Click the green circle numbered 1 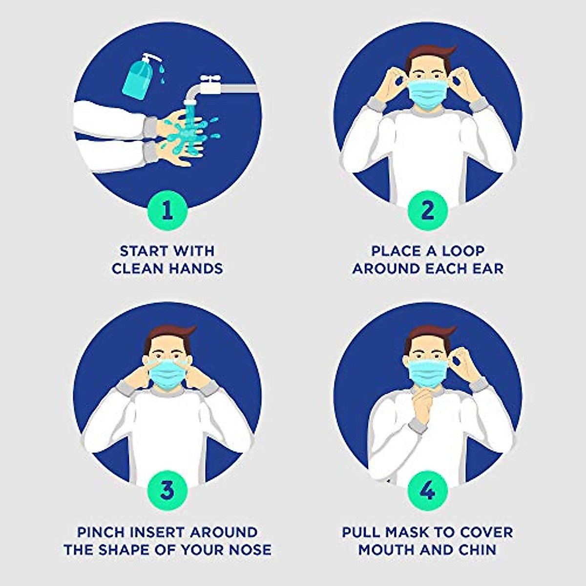point(167,211)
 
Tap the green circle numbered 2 point(427,211)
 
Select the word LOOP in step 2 point(463,251)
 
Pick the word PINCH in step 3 point(99,532)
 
